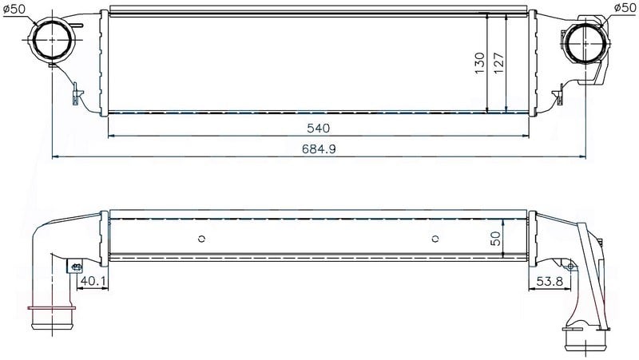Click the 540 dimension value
tap(318, 129)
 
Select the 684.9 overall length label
tap(319, 149)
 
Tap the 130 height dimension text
tap(480, 63)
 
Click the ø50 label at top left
tap(14, 9)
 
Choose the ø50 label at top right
tap(625, 7)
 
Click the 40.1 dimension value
tap(93, 281)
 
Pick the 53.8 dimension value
tap(550, 281)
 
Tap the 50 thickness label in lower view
tap(495, 239)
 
